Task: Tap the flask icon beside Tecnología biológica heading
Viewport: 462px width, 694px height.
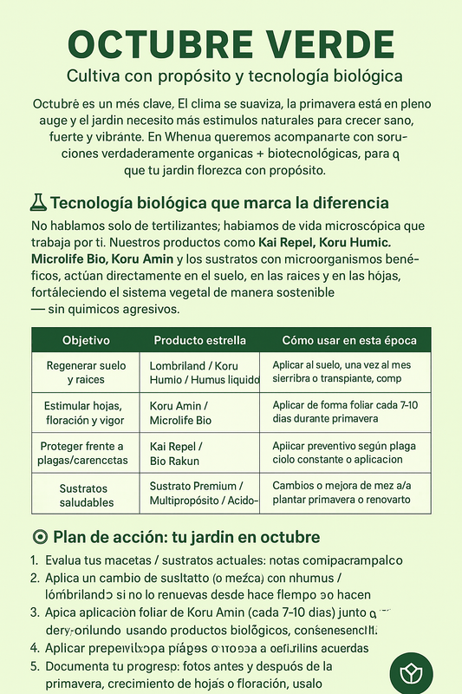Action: click(x=38, y=203)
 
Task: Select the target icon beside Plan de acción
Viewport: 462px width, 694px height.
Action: click(x=39, y=536)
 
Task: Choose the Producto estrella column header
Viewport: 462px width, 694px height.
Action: click(x=199, y=340)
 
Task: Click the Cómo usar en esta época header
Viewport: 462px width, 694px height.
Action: click(x=350, y=340)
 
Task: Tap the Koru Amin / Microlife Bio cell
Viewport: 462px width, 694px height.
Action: click(x=180, y=414)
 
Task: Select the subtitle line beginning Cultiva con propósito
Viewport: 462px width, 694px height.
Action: click(x=231, y=75)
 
